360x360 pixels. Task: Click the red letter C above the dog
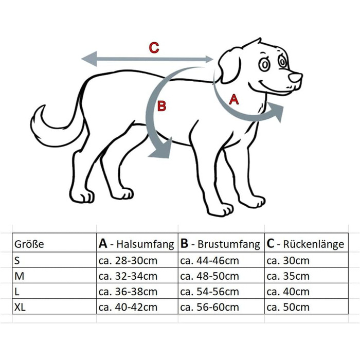[x=154, y=48]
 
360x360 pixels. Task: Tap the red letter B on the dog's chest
[x=161, y=106]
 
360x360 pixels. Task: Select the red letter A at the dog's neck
[x=233, y=100]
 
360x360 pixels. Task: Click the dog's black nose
[x=295, y=78]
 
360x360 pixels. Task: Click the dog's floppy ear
[x=229, y=66]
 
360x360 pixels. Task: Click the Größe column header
[x=29, y=244]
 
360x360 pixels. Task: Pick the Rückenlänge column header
[x=305, y=244]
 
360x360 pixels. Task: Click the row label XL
[x=20, y=308]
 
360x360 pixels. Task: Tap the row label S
[x=17, y=261]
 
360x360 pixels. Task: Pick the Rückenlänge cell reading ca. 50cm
[x=289, y=308]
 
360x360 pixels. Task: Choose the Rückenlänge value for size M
[x=289, y=276]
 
